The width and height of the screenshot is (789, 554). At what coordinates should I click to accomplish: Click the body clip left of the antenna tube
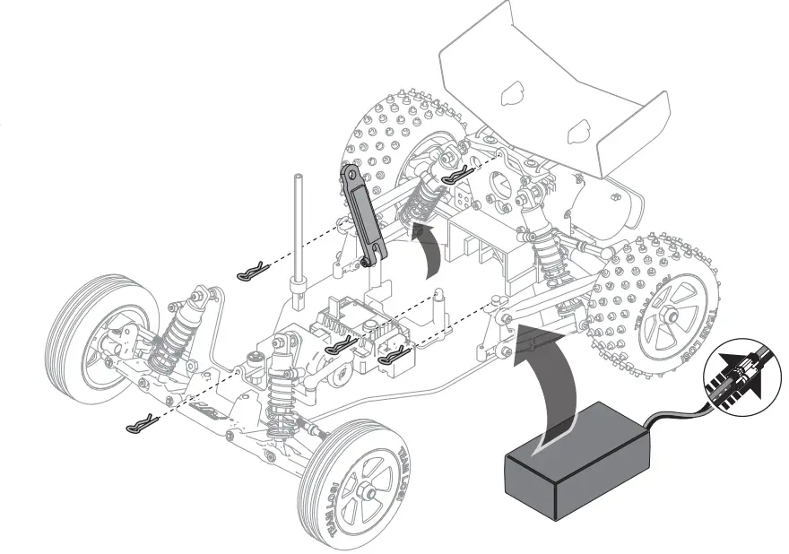click(253, 271)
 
